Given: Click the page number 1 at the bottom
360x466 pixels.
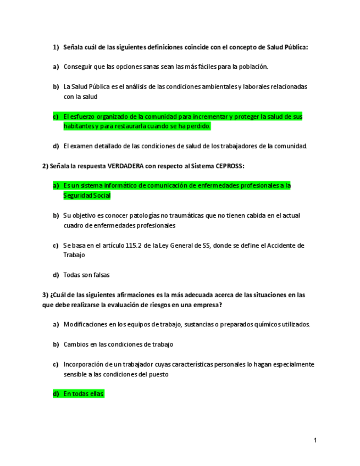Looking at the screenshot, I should [315, 440].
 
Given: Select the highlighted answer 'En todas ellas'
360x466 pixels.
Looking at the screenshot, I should [84, 394].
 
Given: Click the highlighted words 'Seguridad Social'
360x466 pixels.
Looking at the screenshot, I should [87, 196].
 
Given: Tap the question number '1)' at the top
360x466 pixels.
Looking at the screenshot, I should [56, 47].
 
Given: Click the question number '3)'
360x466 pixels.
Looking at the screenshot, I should [46, 295].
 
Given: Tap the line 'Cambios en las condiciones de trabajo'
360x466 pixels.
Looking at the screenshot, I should [118, 345].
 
